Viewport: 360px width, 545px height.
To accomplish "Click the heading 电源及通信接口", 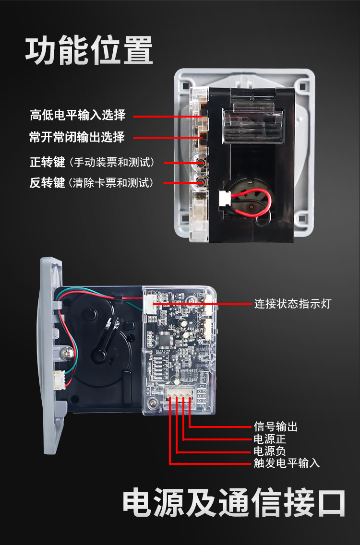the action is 234,503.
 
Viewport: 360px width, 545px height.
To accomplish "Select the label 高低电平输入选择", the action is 77,115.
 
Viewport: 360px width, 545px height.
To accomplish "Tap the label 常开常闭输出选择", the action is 77,137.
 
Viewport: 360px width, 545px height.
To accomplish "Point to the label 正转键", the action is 47,162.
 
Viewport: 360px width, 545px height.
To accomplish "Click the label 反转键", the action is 47,182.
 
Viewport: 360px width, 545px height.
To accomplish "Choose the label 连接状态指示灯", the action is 292,304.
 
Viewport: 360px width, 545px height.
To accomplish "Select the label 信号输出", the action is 276,427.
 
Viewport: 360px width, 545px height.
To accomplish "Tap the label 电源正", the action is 270,439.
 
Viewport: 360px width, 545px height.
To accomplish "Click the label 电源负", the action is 270,451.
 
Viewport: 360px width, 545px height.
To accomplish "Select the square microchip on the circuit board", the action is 164,338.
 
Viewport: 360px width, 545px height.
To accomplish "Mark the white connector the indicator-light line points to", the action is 148,303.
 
